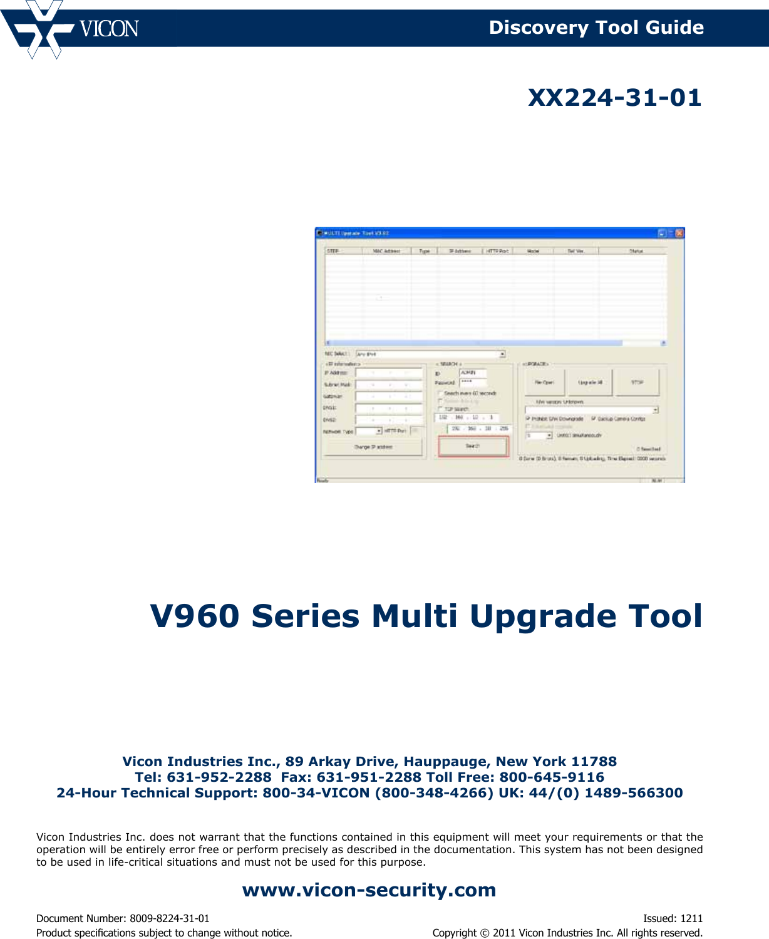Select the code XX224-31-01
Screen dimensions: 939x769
(614, 98)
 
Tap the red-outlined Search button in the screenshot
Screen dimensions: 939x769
(473, 446)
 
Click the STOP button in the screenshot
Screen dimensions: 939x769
(637, 382)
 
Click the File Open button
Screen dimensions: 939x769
(544, 382)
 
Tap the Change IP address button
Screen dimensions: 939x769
(373, 447)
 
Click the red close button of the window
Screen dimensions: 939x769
(679, 233)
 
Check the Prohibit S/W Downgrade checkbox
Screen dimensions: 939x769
(528, 418)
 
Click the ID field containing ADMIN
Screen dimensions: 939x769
(473, 373)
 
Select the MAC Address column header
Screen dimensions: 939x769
(386, 251)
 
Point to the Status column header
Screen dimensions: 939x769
(636, 251)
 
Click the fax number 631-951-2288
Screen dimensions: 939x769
(369, 777)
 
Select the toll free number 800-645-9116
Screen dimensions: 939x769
(552, 777)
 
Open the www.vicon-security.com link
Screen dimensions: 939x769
(369, 890)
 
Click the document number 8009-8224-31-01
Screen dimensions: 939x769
(169, 918)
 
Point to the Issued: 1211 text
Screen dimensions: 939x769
(673, 918)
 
